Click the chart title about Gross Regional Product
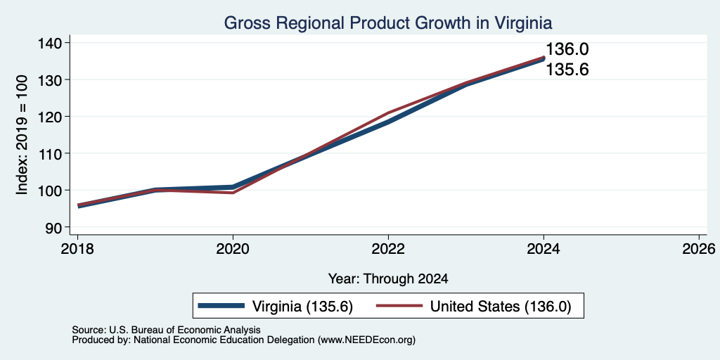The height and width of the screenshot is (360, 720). coord(387,22)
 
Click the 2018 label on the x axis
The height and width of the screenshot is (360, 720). coord(77,249)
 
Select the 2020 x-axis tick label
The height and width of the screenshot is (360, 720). coord(233,249)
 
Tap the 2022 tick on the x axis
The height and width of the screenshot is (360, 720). coord(388,249)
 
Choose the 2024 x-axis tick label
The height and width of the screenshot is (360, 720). coord(544,249)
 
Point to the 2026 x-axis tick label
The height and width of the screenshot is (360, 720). coord(699,249)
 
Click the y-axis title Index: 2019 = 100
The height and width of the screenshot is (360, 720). coord(22,135)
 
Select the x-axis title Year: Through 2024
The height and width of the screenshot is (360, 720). coord(388,278)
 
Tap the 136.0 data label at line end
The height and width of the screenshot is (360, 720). coord(567,49)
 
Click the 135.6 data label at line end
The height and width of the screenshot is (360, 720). coord(567,70)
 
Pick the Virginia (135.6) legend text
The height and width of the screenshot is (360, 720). coord(302,307)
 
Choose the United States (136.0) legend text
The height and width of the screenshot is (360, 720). coord(500,307)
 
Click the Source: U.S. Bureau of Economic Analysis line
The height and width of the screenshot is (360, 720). coord(166,330)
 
